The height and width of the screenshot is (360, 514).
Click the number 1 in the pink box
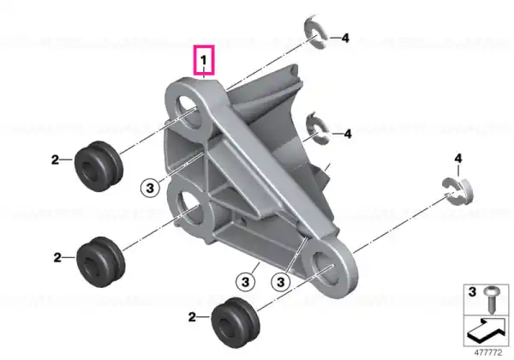(204, 60)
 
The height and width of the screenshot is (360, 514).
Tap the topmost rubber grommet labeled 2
(99, 166)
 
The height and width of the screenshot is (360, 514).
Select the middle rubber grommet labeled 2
(100, 262)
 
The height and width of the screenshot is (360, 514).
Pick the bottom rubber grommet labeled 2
(236, 322)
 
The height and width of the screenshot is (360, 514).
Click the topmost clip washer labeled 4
(315, 32)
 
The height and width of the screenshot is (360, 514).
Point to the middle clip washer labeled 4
(317, 128)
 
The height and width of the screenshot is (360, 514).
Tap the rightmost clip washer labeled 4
(458, 190)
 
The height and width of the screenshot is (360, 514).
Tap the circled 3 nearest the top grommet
(150, 189)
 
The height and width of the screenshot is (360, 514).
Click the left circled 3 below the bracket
(245, 282)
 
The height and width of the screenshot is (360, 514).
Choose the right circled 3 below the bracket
(281, 282)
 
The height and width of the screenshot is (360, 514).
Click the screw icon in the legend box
(491, 299)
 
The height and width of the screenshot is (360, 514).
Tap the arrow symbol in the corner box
(486, 330)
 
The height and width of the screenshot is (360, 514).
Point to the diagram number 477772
(488, 353)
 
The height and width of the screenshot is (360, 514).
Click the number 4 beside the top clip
(345, 39)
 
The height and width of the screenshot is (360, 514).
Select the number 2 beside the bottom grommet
(192, 317)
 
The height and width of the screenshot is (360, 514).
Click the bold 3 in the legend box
(472, 291)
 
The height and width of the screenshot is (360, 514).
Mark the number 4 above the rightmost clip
(458, 159)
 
